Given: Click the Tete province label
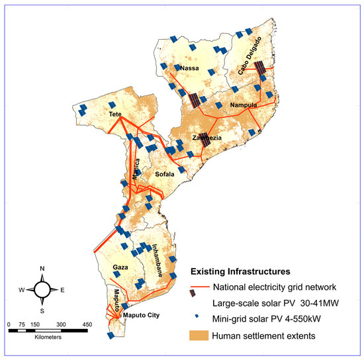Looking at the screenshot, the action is pos(118,114).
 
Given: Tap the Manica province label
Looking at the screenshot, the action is pos(136,169).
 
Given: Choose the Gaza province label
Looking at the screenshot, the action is pos(120,267).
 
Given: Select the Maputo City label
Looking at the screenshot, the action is pos(142,315).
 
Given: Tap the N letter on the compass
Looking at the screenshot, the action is pos(42,268).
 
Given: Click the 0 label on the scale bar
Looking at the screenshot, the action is pos(9,324).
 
